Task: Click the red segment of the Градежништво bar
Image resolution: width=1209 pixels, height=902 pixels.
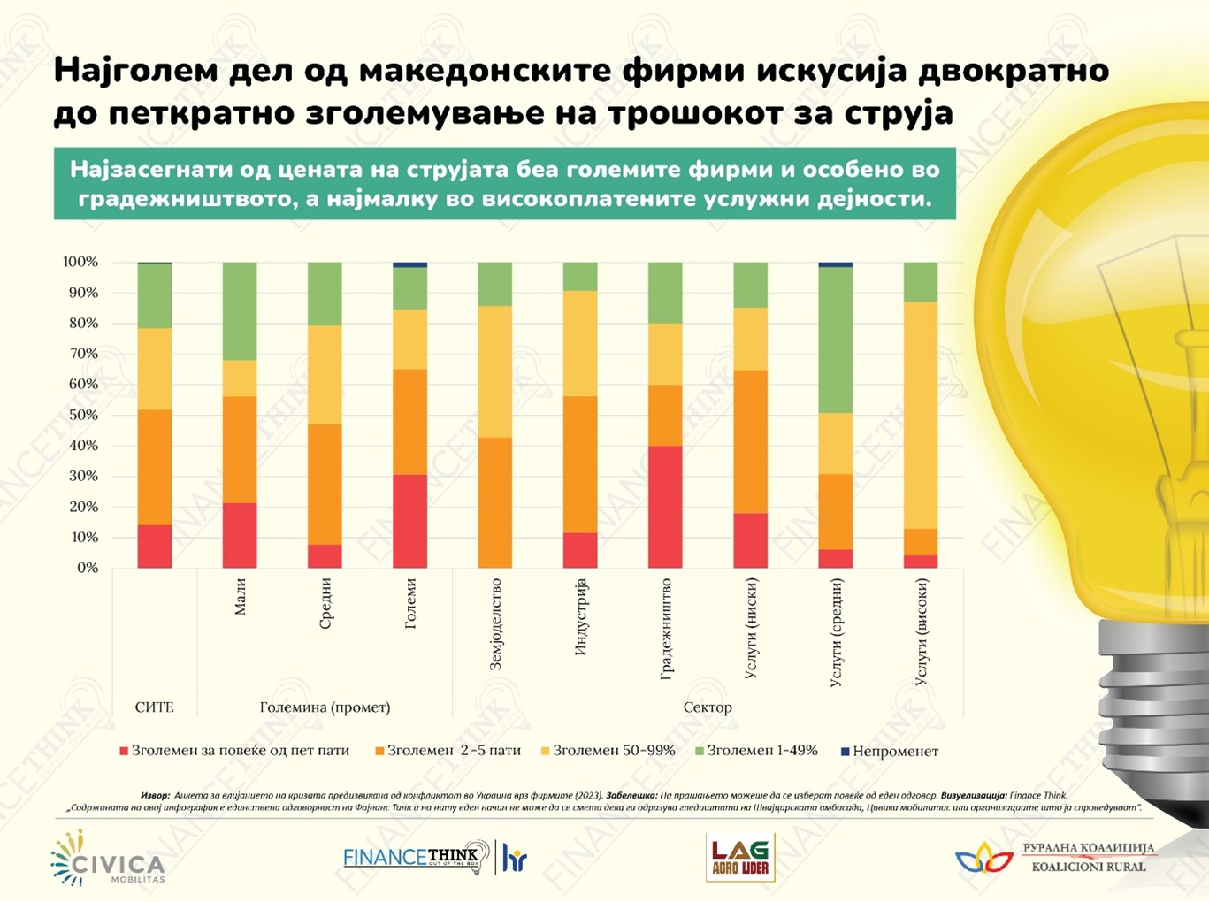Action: tap(665, 507)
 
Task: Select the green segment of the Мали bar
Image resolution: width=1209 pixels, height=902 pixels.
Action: tap(240, 311)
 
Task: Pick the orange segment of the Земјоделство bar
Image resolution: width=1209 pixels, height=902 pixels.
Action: tap(495, 502)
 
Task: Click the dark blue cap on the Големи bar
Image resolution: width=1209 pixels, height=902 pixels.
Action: tap(410, 264)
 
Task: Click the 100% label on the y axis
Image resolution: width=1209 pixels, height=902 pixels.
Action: tap(80, 262)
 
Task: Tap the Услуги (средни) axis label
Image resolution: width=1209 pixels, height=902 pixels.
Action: tap(837, 633)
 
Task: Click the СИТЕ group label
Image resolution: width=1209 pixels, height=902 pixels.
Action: tap(155, 707)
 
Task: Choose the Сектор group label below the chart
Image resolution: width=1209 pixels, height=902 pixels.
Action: tap(708, 707)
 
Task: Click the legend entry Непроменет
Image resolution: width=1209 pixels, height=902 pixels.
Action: tap(894, 751)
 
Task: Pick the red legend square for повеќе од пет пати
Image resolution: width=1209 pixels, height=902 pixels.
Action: tap(124, 752)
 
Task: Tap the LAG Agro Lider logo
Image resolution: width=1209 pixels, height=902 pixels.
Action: tap(740, 858)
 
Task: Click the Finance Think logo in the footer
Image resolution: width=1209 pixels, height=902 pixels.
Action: tap(416, 858)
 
